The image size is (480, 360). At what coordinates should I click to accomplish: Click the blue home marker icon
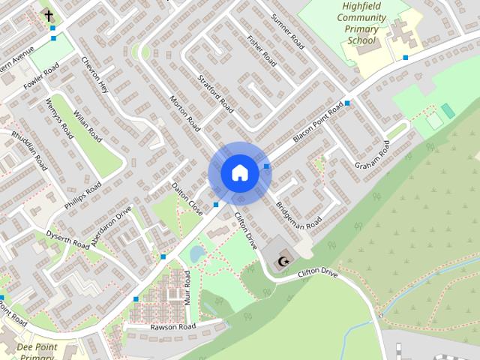(x=239, y=173)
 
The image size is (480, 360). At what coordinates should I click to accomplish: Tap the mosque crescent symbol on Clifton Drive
(x=283, y=262)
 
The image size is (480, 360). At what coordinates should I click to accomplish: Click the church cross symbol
(x=49, y=15)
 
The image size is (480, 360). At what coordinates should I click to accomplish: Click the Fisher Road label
(x=262, y=51)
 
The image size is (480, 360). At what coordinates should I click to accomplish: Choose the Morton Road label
(x=184, y=112)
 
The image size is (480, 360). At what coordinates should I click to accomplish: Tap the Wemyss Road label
(x=59, y=118)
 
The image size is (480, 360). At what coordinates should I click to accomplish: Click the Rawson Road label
(x=172, y=327)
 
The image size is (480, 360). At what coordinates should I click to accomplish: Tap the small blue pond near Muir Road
(x=196, y=254)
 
